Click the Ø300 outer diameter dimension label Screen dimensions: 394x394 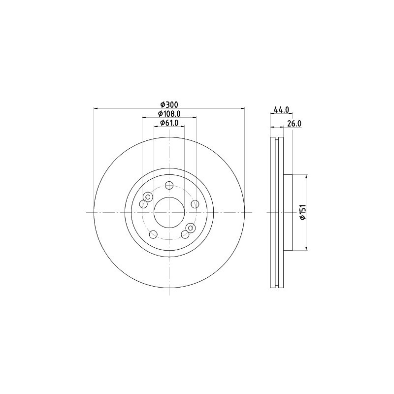pos(169,104)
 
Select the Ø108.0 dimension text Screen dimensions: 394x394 pos(169,114)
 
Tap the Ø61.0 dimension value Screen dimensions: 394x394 pos(169,123)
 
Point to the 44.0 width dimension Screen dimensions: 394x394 pos(281,110)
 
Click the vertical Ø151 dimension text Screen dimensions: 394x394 pos(303,212)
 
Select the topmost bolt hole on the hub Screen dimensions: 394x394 pos(169,186)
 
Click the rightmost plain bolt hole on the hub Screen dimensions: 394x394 pos(195,204)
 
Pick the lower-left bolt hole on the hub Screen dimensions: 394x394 pos(153,234)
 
